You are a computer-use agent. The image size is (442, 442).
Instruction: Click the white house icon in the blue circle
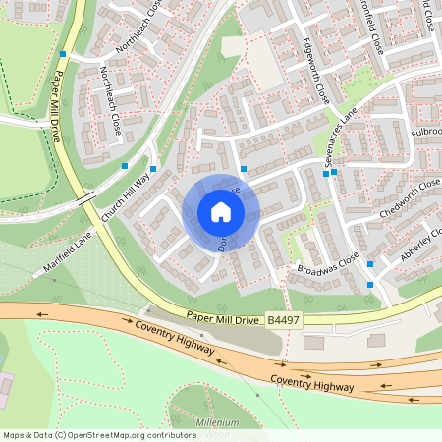tap(220, 212)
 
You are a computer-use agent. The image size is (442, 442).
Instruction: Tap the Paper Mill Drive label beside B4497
tap(223, 317)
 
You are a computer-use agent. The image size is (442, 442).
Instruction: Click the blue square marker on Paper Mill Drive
tap(63, 54)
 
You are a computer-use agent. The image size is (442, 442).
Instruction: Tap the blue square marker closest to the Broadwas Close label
tap(370, 263)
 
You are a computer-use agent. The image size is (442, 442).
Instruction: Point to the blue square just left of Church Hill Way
tap(125, 165)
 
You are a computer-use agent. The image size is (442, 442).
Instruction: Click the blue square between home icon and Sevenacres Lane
tap(244, 169)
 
